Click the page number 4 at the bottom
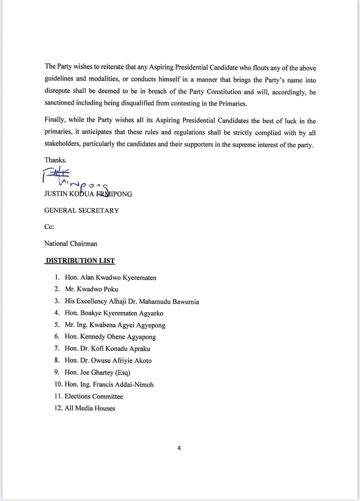(x=179, y=448)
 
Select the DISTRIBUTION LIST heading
(x=80, y=261)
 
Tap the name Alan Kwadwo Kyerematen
(x=118, y=278)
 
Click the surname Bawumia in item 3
(x=186, y=302)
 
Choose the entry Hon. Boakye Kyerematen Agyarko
(x=114, y=313)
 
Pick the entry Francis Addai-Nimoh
(x=123, y=385)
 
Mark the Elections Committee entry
(x=94, y=396)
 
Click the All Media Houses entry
(x=90, y=408)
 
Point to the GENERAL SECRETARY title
(x=82, y=210)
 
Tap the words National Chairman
(x=71, y=244)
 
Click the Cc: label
(x=49, y=227)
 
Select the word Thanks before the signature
(x=55, y=160)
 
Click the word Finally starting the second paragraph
(x=55, y=120)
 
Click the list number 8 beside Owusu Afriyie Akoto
(x=57, y=360)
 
